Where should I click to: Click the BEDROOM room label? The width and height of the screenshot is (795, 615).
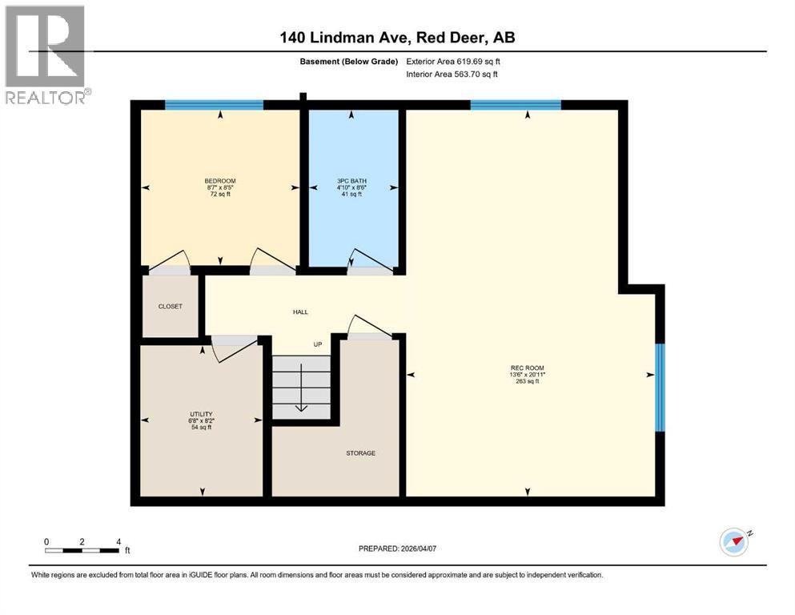220,181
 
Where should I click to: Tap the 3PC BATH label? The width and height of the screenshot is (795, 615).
351,181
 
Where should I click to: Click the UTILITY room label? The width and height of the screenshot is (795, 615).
201,414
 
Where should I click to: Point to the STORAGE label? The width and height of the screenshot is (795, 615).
360,453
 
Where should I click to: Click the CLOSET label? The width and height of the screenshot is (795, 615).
170,306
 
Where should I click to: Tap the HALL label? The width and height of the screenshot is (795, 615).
300,312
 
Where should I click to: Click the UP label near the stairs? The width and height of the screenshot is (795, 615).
317,344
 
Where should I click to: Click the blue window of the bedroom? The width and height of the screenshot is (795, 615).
214,105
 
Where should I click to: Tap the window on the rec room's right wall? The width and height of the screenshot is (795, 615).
660,387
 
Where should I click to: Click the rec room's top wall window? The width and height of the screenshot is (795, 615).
515,105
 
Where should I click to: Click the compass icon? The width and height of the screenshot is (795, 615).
733,542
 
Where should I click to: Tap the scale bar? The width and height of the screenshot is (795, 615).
82,550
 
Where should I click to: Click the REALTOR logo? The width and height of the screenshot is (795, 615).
45,54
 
